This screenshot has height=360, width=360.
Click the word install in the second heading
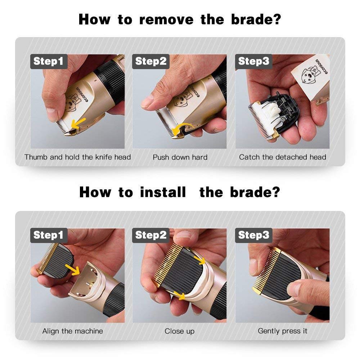163,192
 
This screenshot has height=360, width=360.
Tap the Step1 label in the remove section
48,61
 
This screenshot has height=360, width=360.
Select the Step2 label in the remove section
151,61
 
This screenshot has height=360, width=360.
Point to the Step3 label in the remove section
253,61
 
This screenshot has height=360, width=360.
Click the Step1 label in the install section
48,235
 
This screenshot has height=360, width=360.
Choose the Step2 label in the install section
151,235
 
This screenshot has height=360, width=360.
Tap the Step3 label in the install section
253,235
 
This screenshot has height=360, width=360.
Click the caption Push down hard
180,157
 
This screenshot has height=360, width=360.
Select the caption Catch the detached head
283,157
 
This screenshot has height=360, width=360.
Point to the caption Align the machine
72,331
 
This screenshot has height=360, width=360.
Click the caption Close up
180,331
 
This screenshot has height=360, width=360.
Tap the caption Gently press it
283,331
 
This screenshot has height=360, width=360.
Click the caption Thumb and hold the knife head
77,157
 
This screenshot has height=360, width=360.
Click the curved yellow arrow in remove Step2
180,129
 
